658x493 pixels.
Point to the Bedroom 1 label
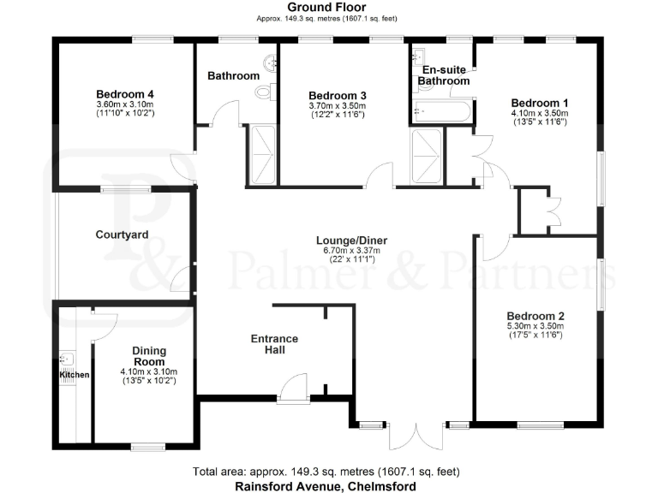540,103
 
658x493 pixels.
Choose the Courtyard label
122,235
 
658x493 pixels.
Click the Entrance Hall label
274,345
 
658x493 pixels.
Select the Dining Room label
149,356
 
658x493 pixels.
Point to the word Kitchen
74,375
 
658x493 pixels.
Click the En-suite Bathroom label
444,74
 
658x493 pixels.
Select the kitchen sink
65,360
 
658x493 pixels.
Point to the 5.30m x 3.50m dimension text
535,325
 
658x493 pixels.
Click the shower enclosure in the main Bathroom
261,154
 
